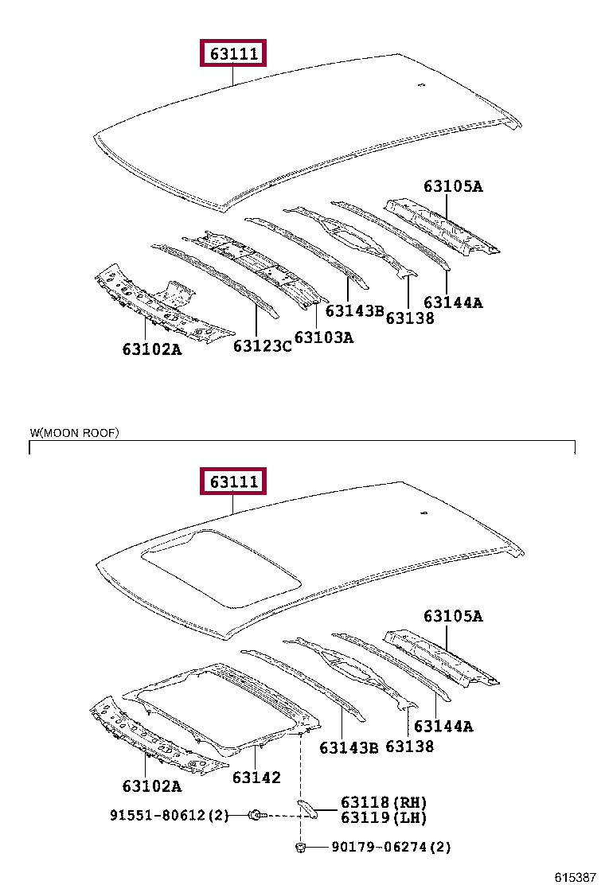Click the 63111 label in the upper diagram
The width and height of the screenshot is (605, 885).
[233, 53]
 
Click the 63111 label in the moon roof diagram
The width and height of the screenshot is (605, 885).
[233, 481]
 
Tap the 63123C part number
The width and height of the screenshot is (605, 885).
[263, 345]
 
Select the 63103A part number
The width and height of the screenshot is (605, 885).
[324, 337]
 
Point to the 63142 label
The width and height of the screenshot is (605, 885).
[256, 778]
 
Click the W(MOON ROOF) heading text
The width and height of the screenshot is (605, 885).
[75, 433]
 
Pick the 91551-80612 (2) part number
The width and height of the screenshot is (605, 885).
[170, 815]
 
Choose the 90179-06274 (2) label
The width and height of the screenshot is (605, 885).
[391, 847]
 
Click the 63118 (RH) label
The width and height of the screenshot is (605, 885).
[384, 802]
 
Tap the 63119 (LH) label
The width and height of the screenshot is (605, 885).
[384, 817]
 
